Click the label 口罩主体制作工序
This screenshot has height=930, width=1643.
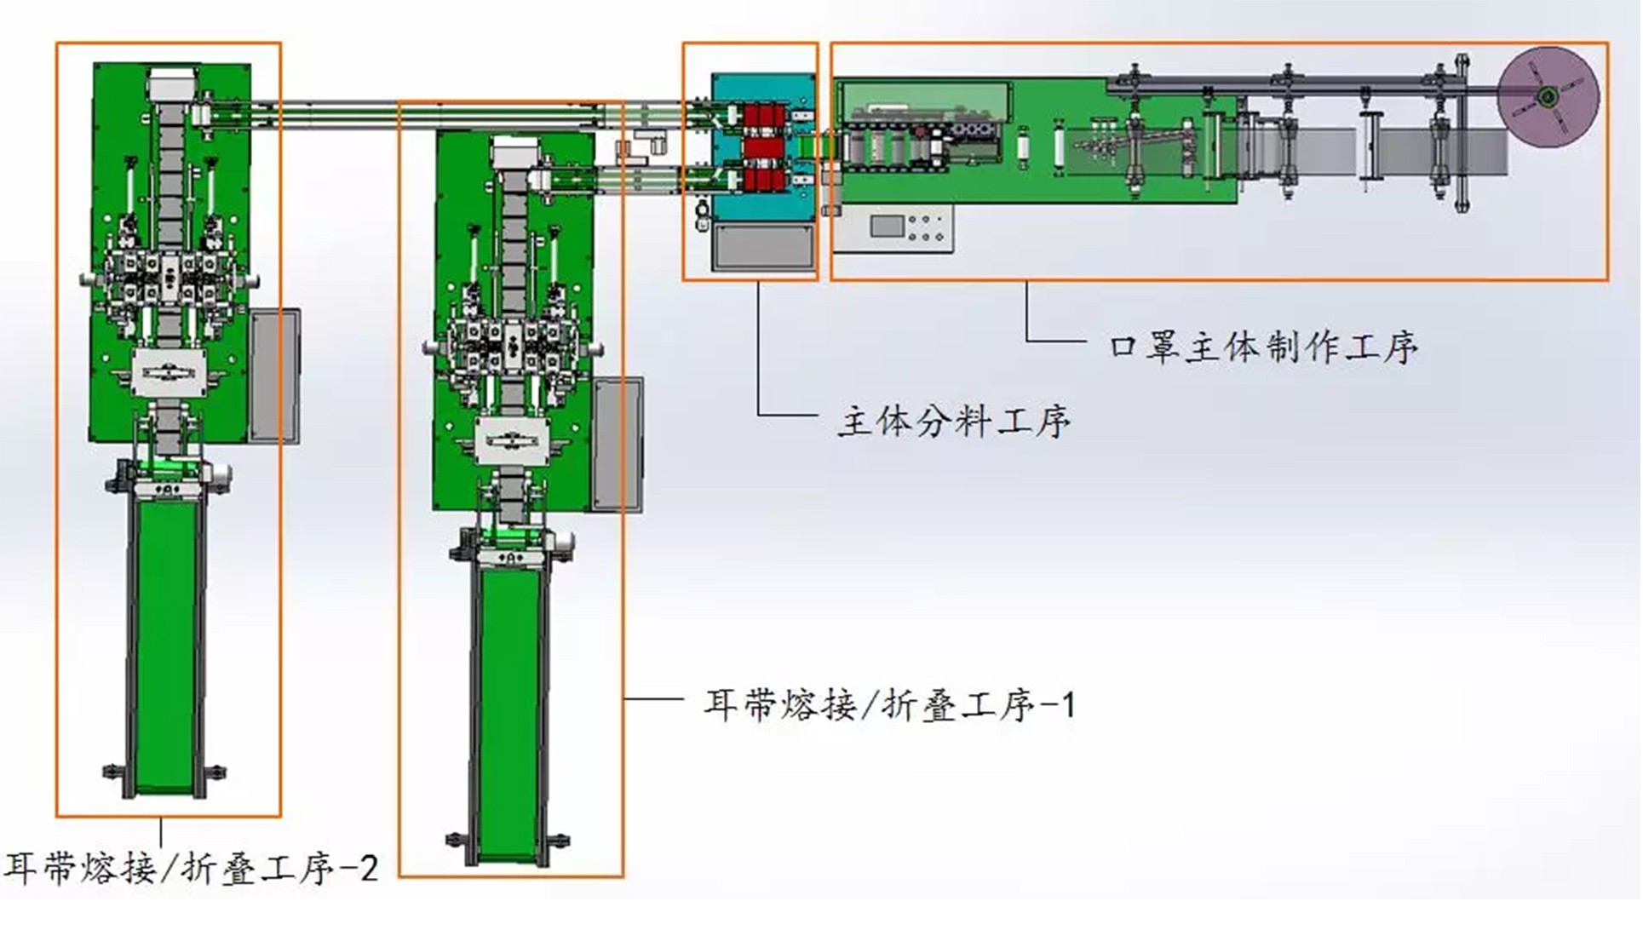pyautogui.click(x=1264, y=347)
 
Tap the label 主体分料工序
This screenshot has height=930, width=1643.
pyautogui.click(x=954, y=421)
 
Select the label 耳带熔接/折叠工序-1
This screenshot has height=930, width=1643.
pyautogui.click(x=890, y=705)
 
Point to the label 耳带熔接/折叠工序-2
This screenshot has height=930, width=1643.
pyautogui.click(x=192, y=868)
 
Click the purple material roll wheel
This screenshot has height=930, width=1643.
pyautogui.click(x=1548, y=97)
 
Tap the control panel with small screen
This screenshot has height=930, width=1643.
pyautogui.click(x=893, y=228)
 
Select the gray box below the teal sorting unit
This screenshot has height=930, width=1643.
pyautogui.click(x=762, y=247)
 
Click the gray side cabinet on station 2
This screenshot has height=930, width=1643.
pyautogui.click(x=275, y=376)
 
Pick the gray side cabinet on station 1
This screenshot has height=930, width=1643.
pyautogui.click(x=618, y=445)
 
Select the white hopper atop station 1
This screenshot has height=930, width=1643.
pyautogui.click(x=513, y=153)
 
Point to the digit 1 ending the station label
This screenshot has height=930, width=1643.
pyautogui.click(x=1067, y=705)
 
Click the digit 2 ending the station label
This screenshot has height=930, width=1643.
pyautogui.click(x=369, y=868)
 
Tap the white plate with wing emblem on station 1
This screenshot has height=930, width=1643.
pyautogui.click(x=512, y=441)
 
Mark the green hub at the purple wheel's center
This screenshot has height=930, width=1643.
pyautogui.click(x=1548, y=97)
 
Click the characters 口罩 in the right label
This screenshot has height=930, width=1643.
pyautogui.click(x=1144, y=347)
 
